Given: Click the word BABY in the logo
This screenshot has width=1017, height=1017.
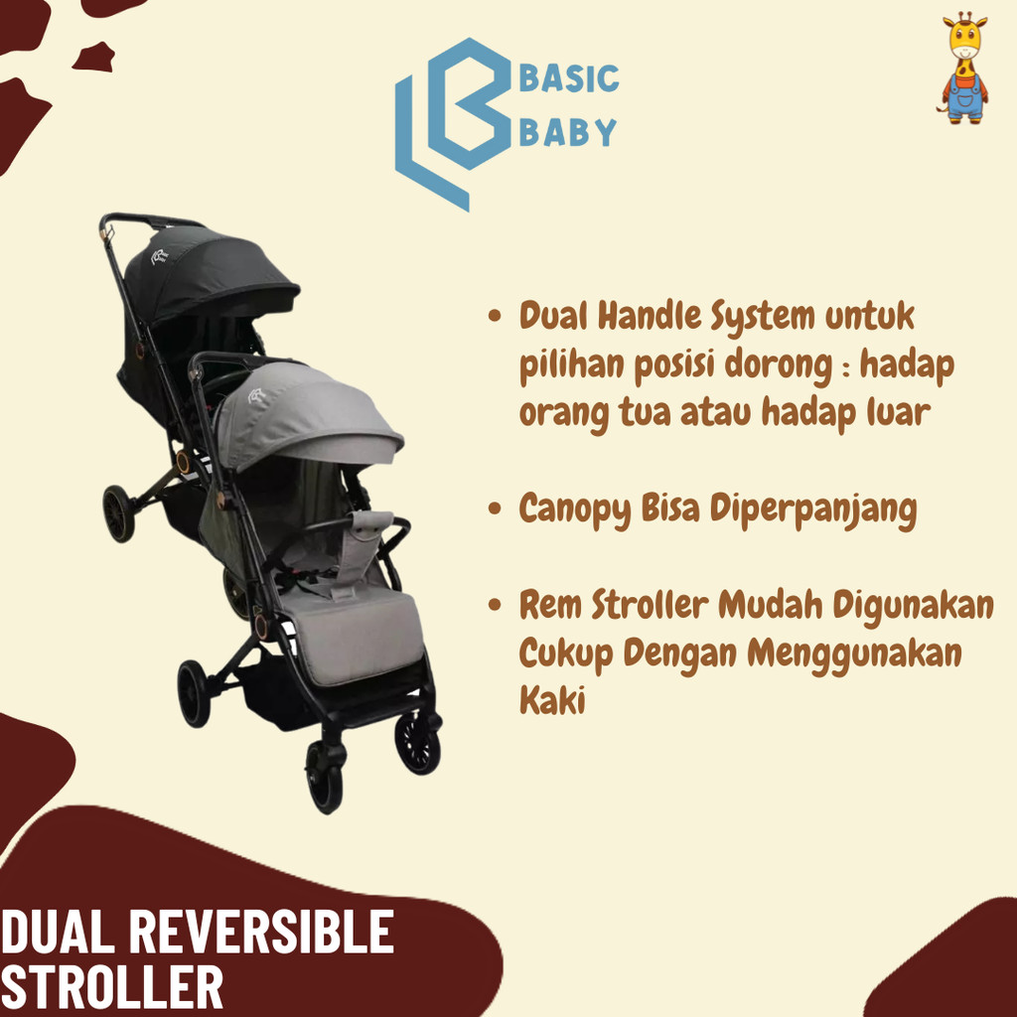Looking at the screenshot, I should pyautogui.click(x=568, y=132).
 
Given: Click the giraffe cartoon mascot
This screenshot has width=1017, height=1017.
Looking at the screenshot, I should pyautogui.click(x=963, y=68).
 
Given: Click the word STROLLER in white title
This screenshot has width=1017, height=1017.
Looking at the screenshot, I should pyautogui.click(x=111, y=988).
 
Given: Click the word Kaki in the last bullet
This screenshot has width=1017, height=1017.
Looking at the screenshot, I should pyautogui.click(x=552, y=700).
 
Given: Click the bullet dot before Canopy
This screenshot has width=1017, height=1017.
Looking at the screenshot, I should pyautogui.click(x=495, y=510).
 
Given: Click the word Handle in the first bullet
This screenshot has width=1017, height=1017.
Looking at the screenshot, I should pyautogui.click(x=656, y=318).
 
